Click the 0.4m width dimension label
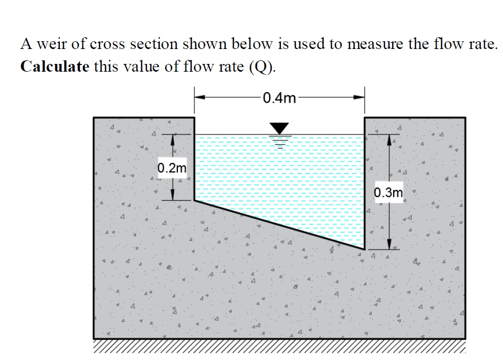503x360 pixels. (279, 97)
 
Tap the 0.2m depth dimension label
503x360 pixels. (173, 168)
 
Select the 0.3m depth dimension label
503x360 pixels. (388, 193)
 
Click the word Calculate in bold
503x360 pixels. (55, 68)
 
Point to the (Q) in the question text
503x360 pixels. (262, 68)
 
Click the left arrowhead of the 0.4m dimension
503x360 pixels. (198, 97)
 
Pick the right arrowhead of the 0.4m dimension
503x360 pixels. (360, 97)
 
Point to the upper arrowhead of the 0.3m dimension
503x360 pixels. (389, 139)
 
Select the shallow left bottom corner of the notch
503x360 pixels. (195, 201)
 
